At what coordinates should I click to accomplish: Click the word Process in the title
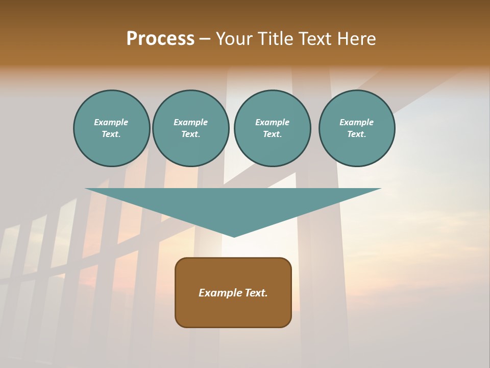[x=160, y=39]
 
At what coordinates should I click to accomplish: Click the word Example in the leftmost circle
[x=111, y=122]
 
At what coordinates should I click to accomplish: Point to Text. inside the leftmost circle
[x=111, y=134]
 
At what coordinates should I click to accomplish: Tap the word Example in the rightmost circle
[x=356, y=122]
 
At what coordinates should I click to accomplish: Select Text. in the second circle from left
[x=190, y=134]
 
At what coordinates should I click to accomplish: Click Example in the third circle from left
[x=272, y=122]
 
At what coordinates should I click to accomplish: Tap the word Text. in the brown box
[x=256, y=293]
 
